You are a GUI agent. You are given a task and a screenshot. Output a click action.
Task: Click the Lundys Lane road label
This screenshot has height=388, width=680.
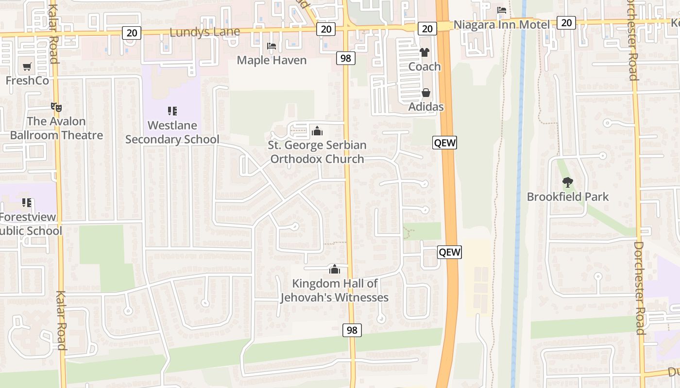coord(204,32)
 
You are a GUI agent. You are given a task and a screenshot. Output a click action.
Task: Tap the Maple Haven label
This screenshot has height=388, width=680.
coord(272,60)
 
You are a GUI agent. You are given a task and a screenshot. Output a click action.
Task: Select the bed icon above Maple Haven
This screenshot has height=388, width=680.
coord(272,47)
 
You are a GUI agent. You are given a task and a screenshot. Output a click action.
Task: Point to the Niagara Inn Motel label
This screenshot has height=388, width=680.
coord(501,25)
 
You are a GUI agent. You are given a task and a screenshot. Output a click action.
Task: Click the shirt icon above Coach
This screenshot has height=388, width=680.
coord(425,52)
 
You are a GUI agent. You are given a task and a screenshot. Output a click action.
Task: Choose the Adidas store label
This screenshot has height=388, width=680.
coord(426,107)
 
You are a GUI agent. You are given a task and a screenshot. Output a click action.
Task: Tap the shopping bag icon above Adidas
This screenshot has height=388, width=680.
coord(426,93)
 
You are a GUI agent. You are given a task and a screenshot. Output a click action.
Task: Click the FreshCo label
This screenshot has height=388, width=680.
coord(27,81)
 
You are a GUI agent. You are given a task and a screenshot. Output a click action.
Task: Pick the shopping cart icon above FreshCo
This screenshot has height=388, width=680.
coord(27,66)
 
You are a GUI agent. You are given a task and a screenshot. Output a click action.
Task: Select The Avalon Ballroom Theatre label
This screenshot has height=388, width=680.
coord(56,128)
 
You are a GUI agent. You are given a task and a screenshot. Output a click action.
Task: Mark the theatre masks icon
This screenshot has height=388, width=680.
coord(56,107)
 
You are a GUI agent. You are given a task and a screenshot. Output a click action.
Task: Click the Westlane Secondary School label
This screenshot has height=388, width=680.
coord(172,132)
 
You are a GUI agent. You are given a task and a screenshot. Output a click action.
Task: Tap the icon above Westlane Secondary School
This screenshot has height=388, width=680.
coord(172,111)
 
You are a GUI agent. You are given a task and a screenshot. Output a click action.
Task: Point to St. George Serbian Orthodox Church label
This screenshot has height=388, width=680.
coord(317,152)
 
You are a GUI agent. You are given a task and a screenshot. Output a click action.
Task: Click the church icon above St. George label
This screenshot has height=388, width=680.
coord(317,131)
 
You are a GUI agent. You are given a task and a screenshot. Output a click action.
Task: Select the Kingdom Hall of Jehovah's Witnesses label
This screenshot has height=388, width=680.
coord(335,290)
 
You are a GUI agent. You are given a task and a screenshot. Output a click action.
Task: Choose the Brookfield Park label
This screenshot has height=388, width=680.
coord(568,197)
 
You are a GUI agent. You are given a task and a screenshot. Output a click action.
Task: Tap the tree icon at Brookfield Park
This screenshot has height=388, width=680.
coord(567,183)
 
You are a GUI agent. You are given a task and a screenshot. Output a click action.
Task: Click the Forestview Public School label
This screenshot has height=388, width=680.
coord(29,224)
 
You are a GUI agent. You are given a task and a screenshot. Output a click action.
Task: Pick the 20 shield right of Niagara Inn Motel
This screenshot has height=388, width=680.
coord(566,22)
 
